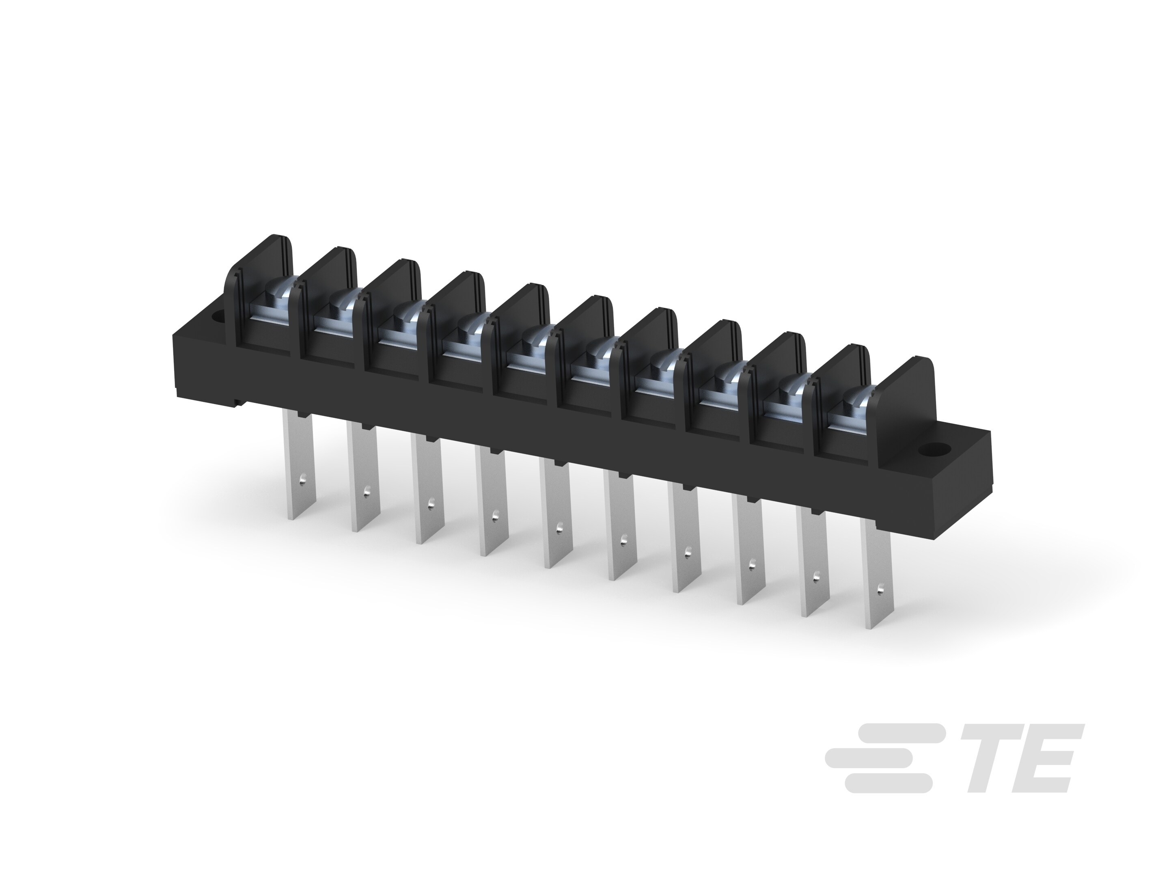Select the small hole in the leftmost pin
pyautogui.click(x=302, y=480)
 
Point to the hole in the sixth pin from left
pyautogui.click(x=623, y=540)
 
